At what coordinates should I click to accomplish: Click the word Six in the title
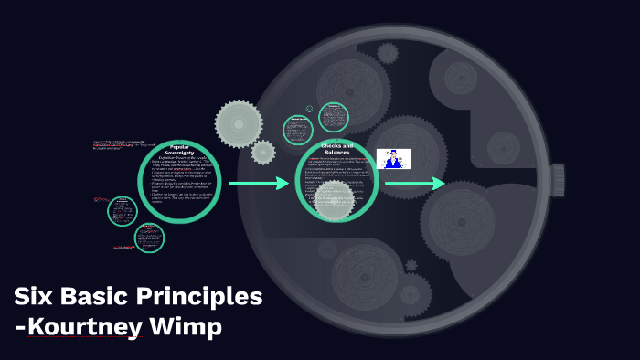pos(36,297)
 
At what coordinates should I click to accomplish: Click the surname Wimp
pos(195,325)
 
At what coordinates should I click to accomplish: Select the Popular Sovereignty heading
pos(180,150)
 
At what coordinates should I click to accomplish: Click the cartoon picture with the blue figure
pos(393,158)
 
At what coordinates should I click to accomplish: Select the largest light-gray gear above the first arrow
pos(238,122)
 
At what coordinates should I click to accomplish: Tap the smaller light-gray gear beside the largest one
pos(263,152)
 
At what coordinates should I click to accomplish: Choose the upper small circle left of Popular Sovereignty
pos(123,210)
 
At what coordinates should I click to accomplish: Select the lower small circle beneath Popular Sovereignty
pos(149,238)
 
